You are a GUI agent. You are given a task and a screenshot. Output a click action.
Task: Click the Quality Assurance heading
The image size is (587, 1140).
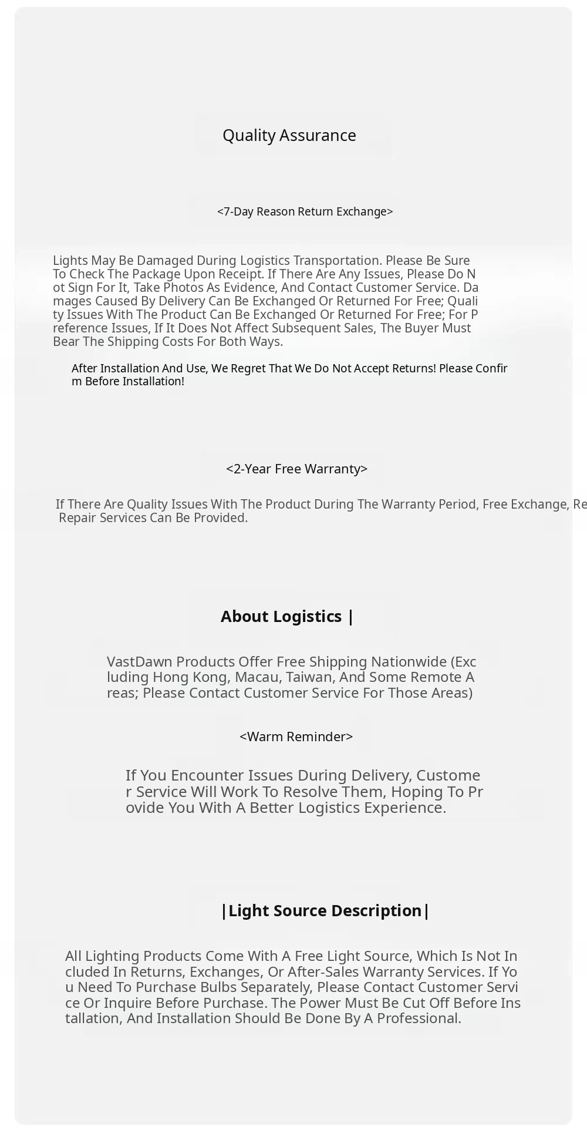(289, 136)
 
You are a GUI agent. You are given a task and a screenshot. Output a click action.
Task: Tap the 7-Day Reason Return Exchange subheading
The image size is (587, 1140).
(305, 211)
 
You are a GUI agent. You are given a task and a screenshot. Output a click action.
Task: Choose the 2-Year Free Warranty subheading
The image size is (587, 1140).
(296, 469)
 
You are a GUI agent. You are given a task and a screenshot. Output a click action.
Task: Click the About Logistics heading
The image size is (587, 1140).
(287, 617)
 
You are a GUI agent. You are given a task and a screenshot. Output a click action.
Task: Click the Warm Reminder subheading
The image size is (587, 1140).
(296, 737)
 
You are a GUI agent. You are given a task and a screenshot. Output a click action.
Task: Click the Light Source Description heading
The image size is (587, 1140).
(325, 911)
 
